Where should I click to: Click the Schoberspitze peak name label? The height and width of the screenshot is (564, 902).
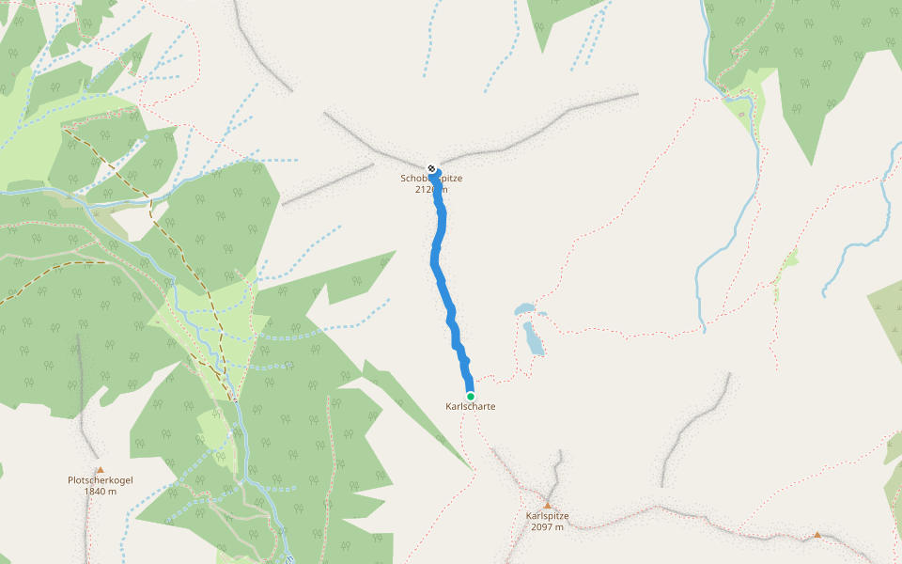[x=431, y=179]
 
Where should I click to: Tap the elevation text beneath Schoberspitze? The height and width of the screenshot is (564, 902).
[x=431, y=189]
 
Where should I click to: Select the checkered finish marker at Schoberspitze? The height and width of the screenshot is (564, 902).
[x=431, y=168]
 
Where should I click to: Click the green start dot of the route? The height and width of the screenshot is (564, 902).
[x=470, y=396]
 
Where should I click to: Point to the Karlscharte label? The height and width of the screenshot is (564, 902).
[x=470, y=407]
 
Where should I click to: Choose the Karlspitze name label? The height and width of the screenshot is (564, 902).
[x=547, y=516]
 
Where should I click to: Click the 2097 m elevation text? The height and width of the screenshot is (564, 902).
[x=547, y=527]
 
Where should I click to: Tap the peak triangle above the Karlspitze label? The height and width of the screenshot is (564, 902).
[x=547, y=505]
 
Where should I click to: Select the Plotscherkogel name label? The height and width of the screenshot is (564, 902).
[x=101, y=480]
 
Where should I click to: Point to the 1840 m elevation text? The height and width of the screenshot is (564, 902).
[x=101, y=492]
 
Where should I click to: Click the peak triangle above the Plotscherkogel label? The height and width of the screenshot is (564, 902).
[x=100, y=469]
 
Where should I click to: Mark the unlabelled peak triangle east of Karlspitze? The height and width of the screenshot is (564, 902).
[x=816, y=535]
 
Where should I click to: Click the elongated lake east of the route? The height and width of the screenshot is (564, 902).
[x=534, y=338]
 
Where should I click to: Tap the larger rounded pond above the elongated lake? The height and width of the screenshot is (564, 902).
[x=524, y=309]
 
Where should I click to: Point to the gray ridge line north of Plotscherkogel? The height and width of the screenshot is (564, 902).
[x=84, y=395]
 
